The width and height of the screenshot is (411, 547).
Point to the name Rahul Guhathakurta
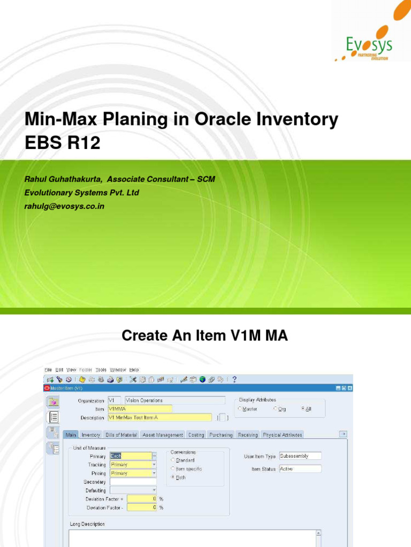pyautogui.click(x=62, y=179)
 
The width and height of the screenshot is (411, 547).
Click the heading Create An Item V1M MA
pyautogui.click(x=205, y=335)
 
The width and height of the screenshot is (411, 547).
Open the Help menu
pyautogui.click(x=134, y=370)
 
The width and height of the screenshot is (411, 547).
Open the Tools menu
pyautogui.click(x=101, y=370)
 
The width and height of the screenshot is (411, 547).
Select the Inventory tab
pyautogui.click(x=91, y=435)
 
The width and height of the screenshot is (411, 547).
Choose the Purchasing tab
pyautogui.click(x=221, y=435)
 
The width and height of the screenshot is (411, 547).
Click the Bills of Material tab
pyautogui.click(x=121, y=435)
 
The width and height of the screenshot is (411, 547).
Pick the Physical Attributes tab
pyautogui.click(x=283, y=435)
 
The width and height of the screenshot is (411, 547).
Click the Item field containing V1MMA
pyautogui.click(x=140, y=409)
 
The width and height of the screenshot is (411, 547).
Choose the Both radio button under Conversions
pyautogui.click(x=173, y=477)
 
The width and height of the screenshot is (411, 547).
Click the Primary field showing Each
pyautogui.click(x=131, y=456)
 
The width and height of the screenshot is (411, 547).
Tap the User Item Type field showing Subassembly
pyautogui.click(x=300, y=456)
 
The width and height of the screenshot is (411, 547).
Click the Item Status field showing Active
pyautogui.click(x=300, y=469)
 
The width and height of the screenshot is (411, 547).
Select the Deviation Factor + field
pyautogui.click(x=133, y=499)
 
